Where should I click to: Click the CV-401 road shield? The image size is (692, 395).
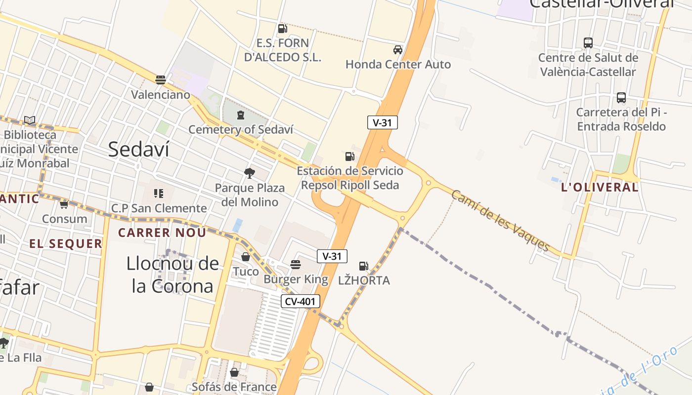click(301, 301)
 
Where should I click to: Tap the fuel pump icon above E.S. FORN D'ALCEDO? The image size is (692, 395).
click(282, 29)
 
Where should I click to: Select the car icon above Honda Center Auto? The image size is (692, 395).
click(398, 50)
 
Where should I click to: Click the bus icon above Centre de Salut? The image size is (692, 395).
click(588, 43)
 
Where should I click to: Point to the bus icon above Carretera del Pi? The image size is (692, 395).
click(621, 98)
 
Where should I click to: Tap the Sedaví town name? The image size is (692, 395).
click(138, 149)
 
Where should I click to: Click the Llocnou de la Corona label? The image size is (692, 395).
click(172, 275)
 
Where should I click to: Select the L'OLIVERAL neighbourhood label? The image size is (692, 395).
click(600, 187)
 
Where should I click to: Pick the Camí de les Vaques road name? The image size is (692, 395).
click(500, 220)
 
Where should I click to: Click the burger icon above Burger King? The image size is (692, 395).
click(296, 265)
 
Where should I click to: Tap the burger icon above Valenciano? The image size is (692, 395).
click(160, 79)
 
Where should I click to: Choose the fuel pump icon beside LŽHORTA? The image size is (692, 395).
click(364, 266)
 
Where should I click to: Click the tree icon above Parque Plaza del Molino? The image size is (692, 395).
click(250, 173)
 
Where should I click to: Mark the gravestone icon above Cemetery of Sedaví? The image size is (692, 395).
click(241, 115)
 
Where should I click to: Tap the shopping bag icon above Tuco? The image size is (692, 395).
click(246, 257)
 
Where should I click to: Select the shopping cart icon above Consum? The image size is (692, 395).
click(64, 204)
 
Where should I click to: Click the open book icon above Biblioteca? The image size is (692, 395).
click(30, 120)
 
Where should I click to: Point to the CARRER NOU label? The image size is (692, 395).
click(162, 233)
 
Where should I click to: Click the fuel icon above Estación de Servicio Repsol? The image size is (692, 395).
click(350, 157)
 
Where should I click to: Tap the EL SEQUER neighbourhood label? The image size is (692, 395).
click(66, 243)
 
